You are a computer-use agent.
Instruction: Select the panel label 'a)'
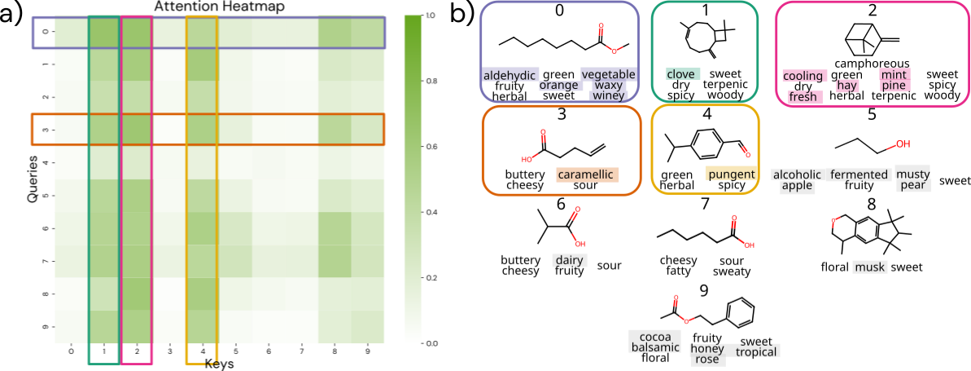14,15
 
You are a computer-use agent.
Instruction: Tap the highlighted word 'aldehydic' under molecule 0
510,74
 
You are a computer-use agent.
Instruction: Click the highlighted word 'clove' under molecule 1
680,74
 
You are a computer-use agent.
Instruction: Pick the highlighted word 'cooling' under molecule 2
803,75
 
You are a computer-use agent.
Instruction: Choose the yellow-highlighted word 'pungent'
731,174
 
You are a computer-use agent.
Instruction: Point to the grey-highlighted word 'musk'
869,267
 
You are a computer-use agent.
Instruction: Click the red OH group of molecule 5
902,144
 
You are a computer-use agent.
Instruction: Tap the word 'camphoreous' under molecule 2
859,63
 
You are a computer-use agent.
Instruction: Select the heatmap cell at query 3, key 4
203,130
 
